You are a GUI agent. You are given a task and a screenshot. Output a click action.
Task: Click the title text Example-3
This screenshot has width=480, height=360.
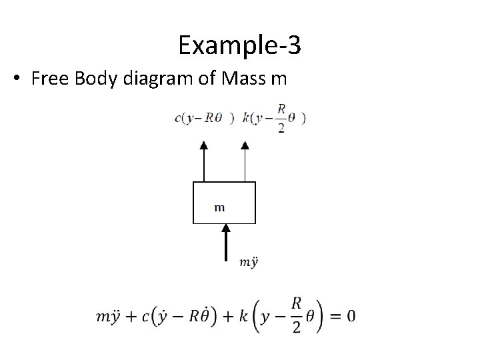(x=239, y=45)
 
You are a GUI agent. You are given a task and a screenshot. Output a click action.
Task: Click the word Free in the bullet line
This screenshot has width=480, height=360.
(x=47, y=79)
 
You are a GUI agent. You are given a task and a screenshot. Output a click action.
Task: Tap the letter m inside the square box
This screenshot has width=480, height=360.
(x=219, y=207)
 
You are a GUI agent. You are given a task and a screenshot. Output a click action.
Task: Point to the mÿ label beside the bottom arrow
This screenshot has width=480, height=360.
(x=248, y=262)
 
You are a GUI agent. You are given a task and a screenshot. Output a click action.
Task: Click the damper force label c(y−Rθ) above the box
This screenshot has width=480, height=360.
(x=204, y=119)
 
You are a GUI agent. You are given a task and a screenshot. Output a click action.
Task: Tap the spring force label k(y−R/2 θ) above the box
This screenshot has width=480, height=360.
(x=275, y=119)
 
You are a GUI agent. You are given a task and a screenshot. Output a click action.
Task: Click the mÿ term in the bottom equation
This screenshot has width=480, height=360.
(x=109, y=316)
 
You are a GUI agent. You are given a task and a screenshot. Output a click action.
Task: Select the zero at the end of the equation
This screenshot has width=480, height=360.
(x=350, y=315)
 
